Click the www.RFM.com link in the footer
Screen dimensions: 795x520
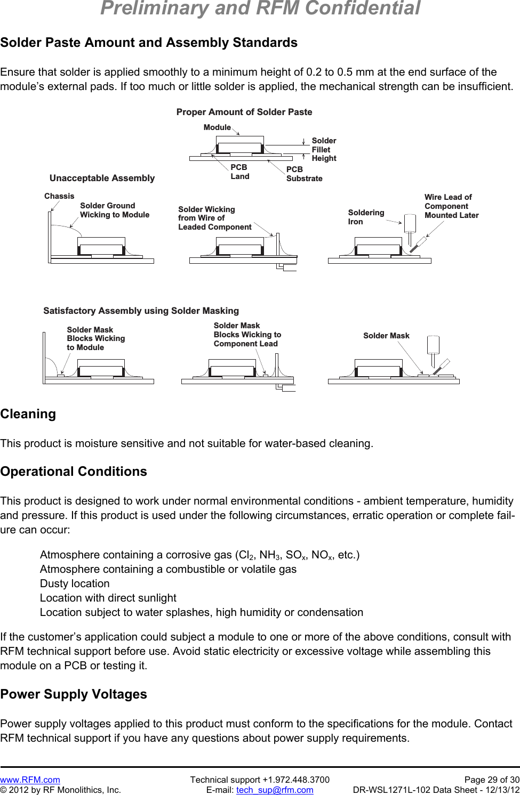pyautogui.click(x=30, y=780)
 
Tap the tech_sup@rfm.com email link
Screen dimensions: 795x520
pyautogui.click(x=275, y=790)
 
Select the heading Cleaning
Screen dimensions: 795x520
pyautogui.click(x=28, y=414)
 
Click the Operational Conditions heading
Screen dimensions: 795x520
pyautogui.click(x=74, y=472)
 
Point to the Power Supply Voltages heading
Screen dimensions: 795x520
pyautogui.click(x=74, y=694)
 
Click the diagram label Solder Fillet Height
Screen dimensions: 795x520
pyautogui.click(x=324, y=150)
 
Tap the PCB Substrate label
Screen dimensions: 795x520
pyautogui.click(x=304, y=174)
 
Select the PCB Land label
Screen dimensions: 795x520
pyautogui.click(x=239, y=172)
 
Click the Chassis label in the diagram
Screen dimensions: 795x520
pyautogui.click(x=59, y=196)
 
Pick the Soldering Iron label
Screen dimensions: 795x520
pyautogui.click(x=366, y=217)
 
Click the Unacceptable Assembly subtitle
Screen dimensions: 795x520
pyautogui.click(x=102, y=178)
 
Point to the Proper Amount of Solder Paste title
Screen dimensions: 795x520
pyautogui.click(x=244, y=112)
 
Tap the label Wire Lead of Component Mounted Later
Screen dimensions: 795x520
pyautogui.click(x=451, y=206)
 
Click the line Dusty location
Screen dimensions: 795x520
pyautogui.click(x=75, y=583)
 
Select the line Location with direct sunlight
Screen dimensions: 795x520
pyautogui.click(x=108, y=598)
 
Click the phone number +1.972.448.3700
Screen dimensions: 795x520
pyautogui.click(x=296, y=780)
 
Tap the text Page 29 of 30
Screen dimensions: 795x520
pyautogui.click(x=492, y=780)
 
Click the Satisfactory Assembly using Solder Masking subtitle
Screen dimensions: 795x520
pyautogui.click(x=141, y=311)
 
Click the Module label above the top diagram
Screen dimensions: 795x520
pyautogui.click(x=217, y=127)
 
